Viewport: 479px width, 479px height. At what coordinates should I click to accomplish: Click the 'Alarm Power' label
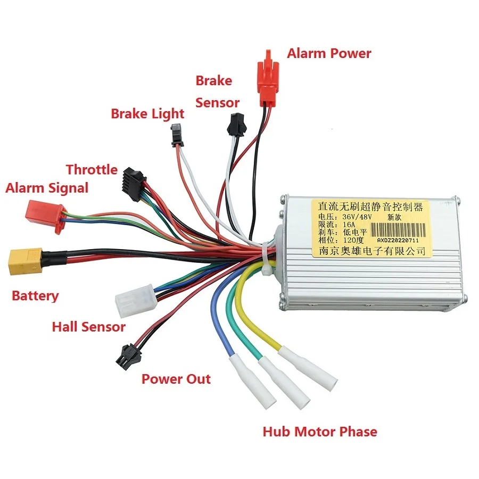click(329, 53)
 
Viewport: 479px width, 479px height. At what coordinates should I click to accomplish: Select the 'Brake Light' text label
click(147, 113)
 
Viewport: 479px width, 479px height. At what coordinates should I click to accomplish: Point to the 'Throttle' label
click(92, 170)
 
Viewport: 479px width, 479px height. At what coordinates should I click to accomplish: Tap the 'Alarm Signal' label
click(47, 188)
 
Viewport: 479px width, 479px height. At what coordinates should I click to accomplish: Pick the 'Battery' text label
click(35, 296)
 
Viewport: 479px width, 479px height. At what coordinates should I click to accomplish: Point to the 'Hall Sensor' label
click(88, 326)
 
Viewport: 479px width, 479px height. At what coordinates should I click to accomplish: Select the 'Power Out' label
click(176, 379)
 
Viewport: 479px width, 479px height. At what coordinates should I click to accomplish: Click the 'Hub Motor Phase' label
click(319, 431)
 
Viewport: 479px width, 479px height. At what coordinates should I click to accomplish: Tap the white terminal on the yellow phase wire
click(315, 367)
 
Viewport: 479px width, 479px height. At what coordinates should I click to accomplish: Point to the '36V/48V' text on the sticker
click(351, 217)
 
